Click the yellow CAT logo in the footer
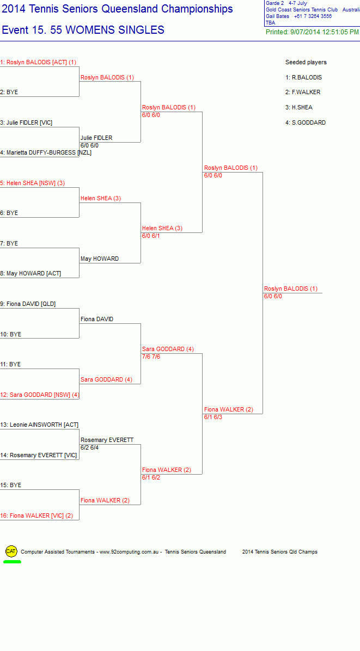coord(11,551)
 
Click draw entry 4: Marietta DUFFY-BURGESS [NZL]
coord(46,153)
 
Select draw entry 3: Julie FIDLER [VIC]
coord(26,122)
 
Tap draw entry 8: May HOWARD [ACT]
coord(30,274)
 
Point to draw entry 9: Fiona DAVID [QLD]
coord(28,304)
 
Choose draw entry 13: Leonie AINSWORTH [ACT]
coord(39,425)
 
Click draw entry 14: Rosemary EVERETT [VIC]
coord(39,455)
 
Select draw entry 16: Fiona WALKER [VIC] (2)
coord(36,515)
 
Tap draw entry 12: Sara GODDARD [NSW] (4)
coord(40,395)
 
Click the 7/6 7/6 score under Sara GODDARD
coord(151,357)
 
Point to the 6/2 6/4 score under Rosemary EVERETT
coord(90,447)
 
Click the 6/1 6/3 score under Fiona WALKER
coord(213,417)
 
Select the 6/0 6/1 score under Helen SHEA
coord(151,236)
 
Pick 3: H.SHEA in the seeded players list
coord(299,108)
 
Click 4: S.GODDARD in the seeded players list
coord(306,122)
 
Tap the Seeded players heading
coord(306,62)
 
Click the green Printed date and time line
coord(312,32)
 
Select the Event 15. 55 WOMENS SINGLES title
coord(83,30)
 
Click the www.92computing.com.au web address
coord(129,552)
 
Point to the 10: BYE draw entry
coord(11,334)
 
